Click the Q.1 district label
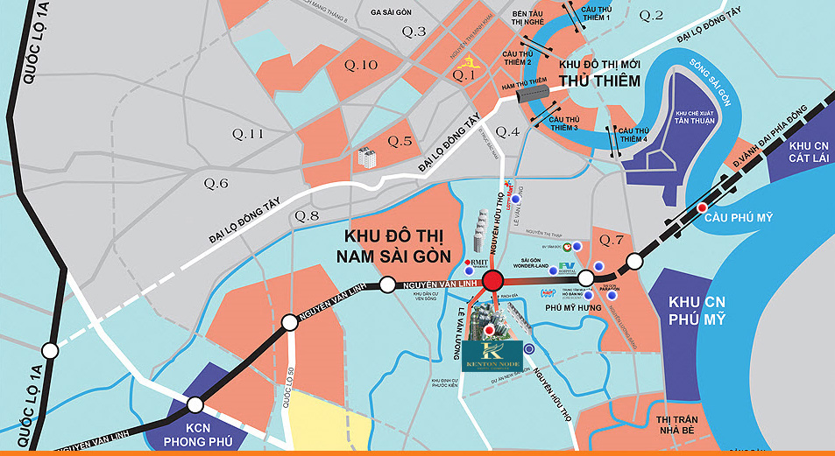[463, 76]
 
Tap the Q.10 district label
[360, 65]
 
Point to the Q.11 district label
[246, 134]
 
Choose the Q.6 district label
[216, 183]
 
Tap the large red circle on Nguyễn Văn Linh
[492, 281]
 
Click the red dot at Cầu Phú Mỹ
[703, 207]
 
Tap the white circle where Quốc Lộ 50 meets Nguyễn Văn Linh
[291, 324]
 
